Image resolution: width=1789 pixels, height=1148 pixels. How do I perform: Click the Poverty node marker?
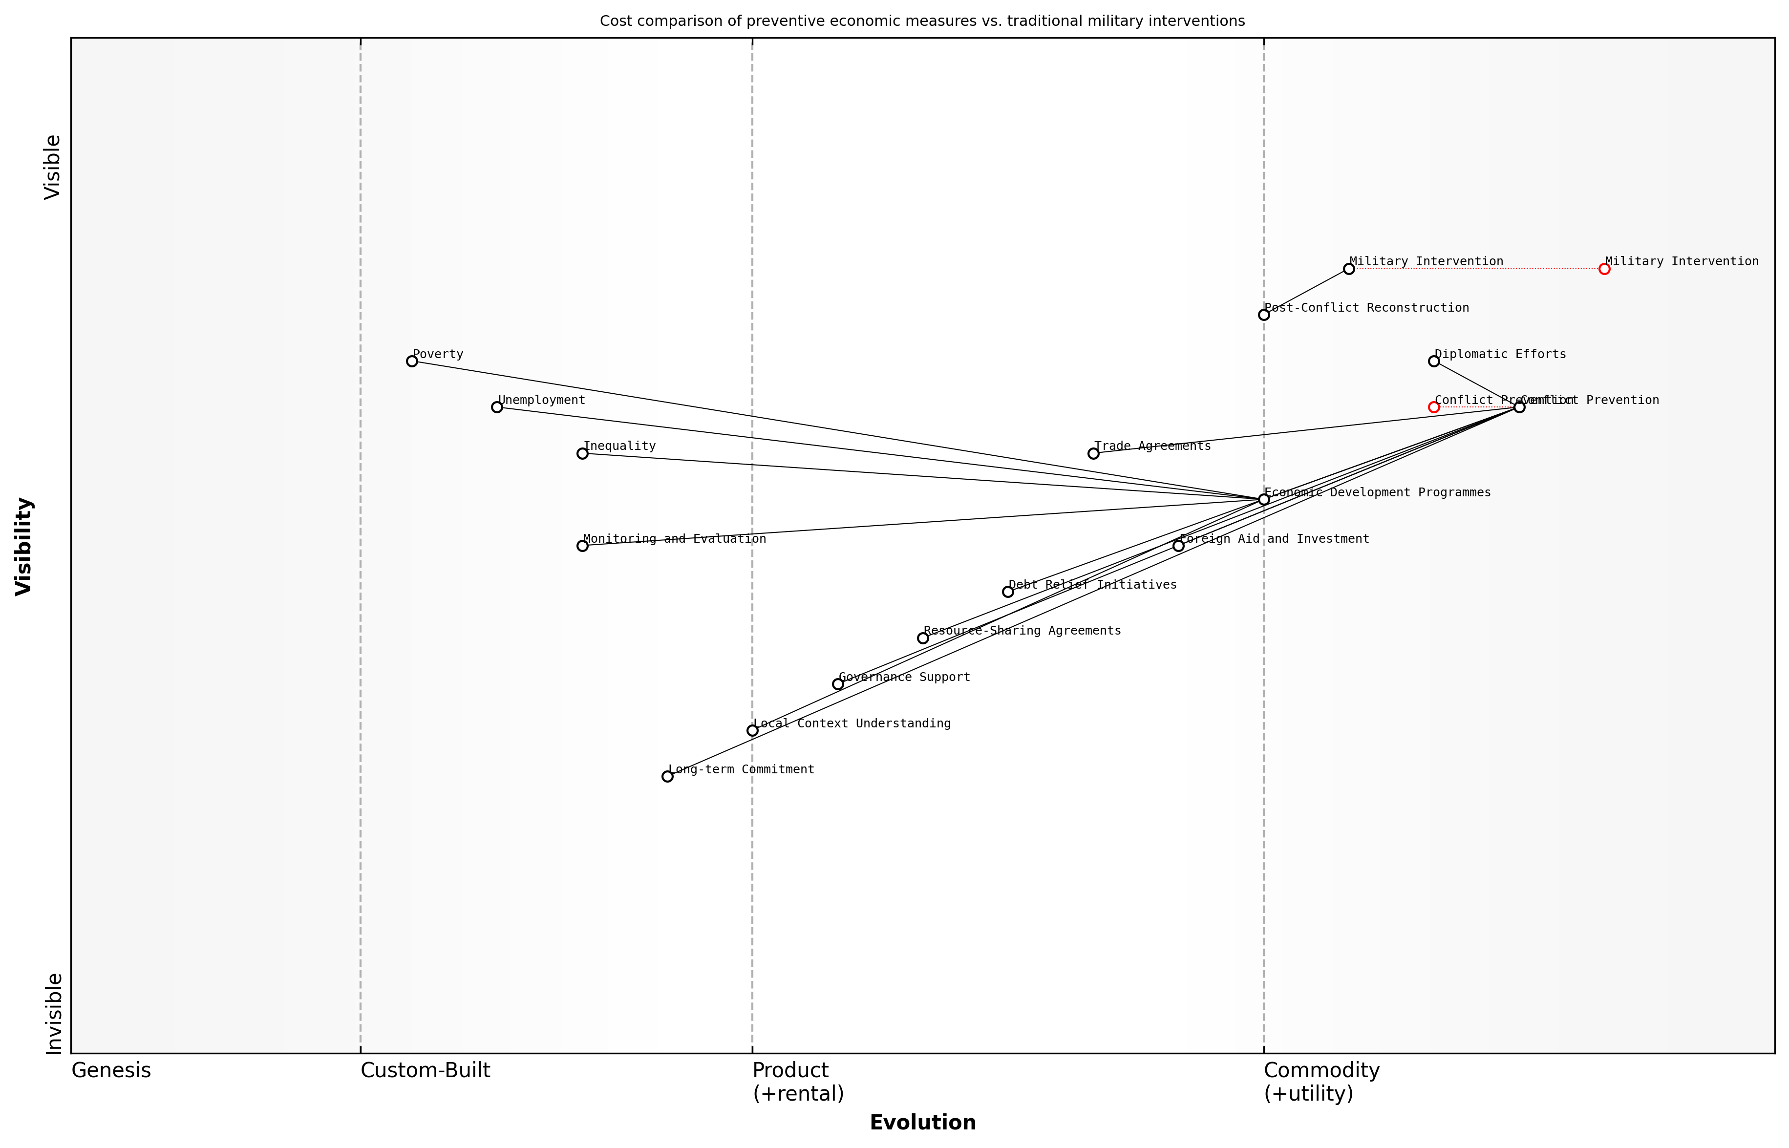click(411, 361)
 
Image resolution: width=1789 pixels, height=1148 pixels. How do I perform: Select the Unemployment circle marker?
click(497, 407)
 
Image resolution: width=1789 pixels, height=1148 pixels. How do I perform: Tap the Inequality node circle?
click(582, 453)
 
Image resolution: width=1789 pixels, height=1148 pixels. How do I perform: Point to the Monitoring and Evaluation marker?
click(582, 546)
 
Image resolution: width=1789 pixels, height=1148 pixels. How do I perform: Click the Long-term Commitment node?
click(667, 776)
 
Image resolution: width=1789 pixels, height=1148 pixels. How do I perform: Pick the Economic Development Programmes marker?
click(1263, 499)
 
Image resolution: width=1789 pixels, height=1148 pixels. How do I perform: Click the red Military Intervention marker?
click(1604, 268)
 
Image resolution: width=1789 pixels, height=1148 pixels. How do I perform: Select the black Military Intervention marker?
click(1348, 268)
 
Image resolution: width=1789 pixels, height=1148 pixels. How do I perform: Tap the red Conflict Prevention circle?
click(1433, 407)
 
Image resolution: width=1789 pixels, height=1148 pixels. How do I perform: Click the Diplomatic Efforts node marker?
click(1433, 361)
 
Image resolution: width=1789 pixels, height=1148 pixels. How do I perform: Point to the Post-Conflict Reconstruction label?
click(1366, 308)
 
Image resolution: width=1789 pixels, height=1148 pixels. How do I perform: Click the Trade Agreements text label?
click(1152, 446)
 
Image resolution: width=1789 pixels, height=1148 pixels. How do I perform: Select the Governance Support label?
click(904, 677)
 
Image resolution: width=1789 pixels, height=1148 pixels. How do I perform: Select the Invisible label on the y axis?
click(54, 1013)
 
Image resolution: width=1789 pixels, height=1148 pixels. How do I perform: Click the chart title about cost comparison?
click(922, 21)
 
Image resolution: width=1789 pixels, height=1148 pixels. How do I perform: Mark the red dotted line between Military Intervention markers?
click(1476, 268)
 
